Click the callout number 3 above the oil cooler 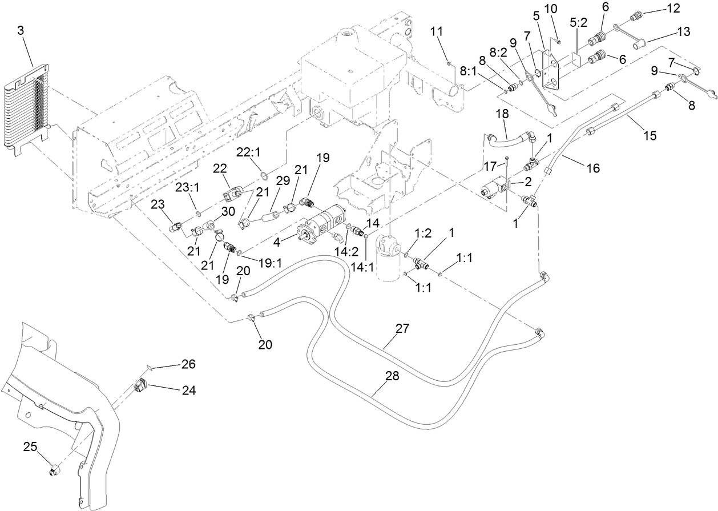(x=21, y=31)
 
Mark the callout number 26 (x=188, y=364)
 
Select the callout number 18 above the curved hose (x=503, y=115)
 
